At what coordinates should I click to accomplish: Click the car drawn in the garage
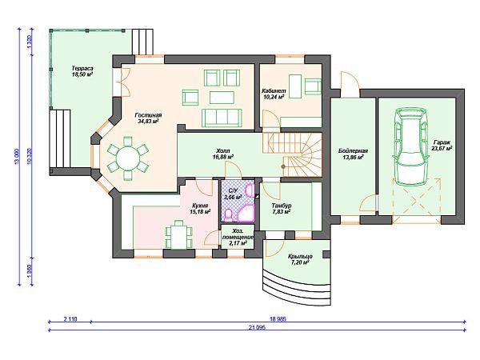[x=411, y=146]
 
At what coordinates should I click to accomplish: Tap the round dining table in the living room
[x=128, y=158]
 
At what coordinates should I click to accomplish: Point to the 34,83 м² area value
[x=148, y=122]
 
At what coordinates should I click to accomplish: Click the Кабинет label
[x=274, y=91]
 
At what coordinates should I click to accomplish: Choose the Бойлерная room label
[x=354, y=150]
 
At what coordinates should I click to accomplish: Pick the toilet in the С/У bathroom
[x=229, y=215]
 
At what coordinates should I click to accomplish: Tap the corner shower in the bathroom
[x=246, y=214]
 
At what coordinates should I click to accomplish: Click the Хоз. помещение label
[x=238, y=234]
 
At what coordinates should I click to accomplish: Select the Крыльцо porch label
[x=300, y=257]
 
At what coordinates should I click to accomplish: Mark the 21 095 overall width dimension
[x=257, y=327]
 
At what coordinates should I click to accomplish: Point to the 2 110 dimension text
[x=70, y=319]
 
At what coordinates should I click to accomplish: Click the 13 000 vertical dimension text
[x=17, y=157]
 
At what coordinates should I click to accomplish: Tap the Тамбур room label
[x=282, y=206]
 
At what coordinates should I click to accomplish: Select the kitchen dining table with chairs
[x=178, y=234]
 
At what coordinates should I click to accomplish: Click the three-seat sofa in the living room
[x=222, y=118]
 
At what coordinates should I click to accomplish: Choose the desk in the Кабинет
[x=295, y=86]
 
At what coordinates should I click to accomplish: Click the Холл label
[x=223, y=151]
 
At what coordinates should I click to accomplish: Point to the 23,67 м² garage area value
[x=442, y=149]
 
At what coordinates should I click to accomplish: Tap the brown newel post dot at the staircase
[x=283, y=166]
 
